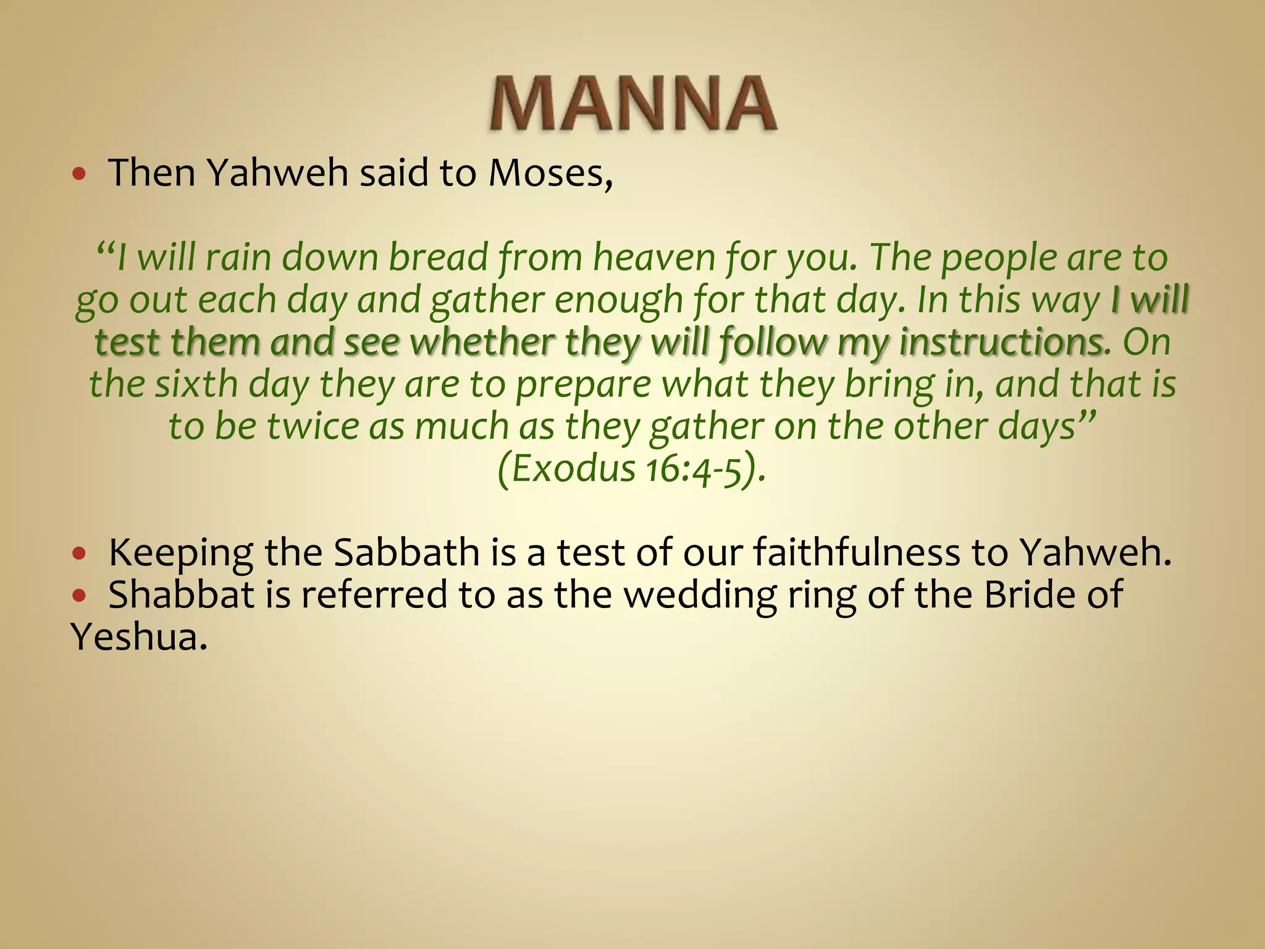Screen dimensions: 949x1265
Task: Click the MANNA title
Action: point(633,104)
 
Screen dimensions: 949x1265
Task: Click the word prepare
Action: point(583,385)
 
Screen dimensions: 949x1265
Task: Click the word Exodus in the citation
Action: point(574,468)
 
